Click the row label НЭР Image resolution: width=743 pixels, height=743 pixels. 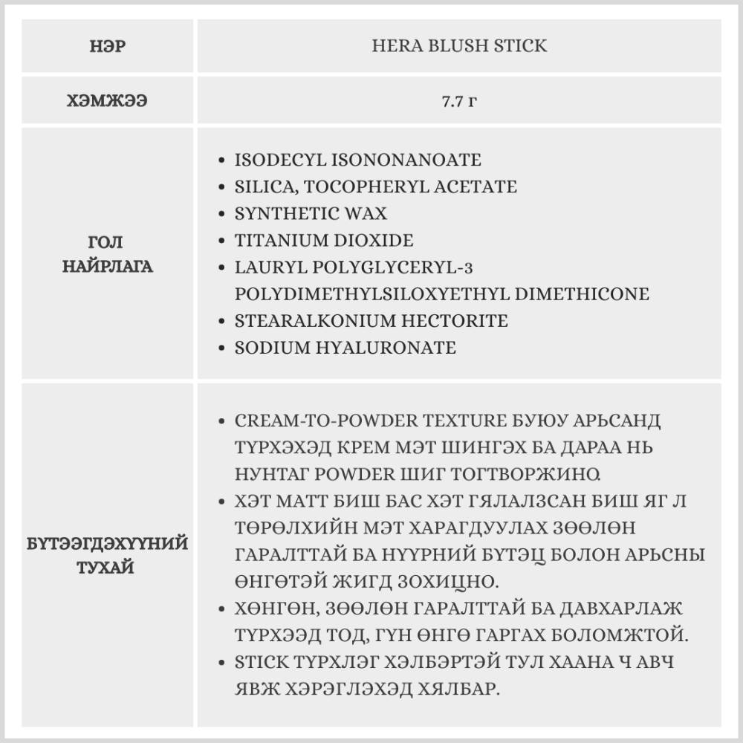pyautogui.click(x=108, y=46)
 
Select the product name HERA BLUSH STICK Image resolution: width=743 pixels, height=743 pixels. pyautogui.click(x=458, y=46)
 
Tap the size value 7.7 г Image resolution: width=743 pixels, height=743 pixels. pyautogui.click(x=458, y=101)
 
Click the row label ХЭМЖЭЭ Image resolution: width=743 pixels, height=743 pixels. pyautogui.click(x=108, y=101)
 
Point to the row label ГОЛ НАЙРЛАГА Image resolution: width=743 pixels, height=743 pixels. pyautogui.click(x=108, y=254)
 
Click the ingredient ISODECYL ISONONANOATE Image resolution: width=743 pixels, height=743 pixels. pyautogui.click(x=357, y=160)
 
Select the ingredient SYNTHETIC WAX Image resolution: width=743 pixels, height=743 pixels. pyautogui.click(x=311, y=213)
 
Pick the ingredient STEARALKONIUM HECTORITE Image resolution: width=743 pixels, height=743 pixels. pyautogui.click(x=371, y=321)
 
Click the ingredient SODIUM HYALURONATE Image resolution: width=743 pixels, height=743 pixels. pyautogui.click(x=345, y=348)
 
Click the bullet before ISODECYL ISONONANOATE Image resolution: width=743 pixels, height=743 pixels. pyautogui.click(x=223, y=160)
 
